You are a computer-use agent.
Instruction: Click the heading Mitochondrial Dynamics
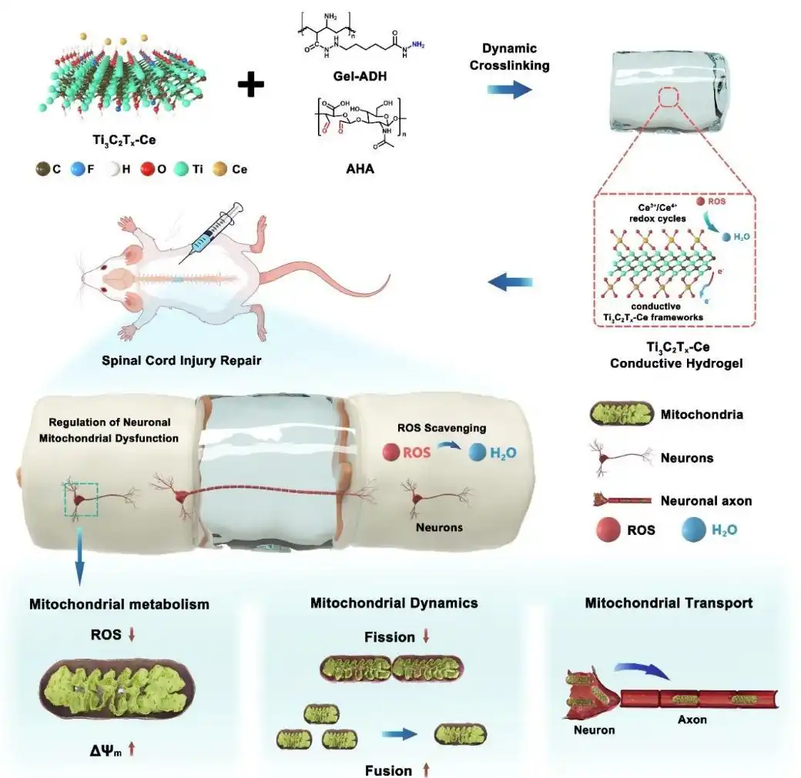[394, 603]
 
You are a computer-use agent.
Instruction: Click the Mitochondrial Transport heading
[669, 603]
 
